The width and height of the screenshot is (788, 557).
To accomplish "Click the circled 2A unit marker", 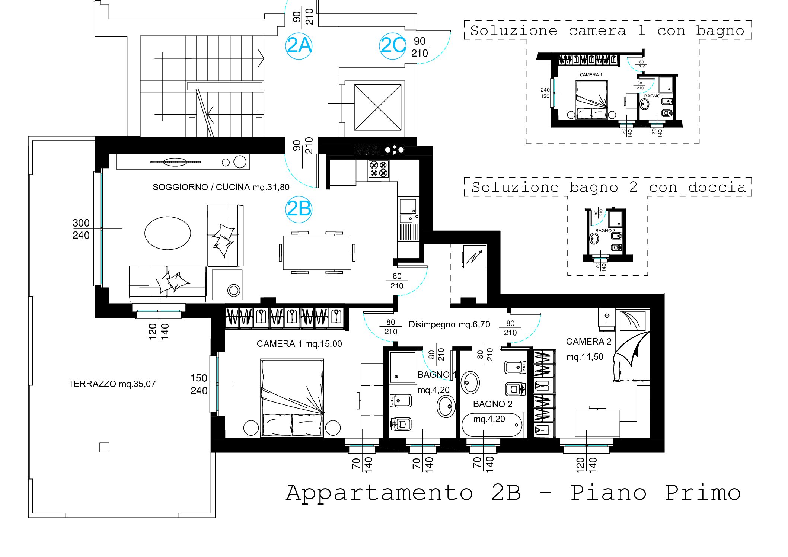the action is point(299,46).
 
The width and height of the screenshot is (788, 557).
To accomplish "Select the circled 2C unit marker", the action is point(393,46).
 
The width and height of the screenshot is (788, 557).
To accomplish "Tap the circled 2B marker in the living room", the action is point(299,209).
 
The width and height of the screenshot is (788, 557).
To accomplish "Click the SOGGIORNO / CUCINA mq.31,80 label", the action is point(221,187).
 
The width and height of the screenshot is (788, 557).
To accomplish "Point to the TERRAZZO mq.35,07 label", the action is point(112,384).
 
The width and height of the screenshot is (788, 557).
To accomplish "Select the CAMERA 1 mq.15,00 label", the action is point(299,344).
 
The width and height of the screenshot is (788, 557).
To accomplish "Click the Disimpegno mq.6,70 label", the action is point(449,324).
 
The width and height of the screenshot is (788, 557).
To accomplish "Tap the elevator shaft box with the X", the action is point(378,108).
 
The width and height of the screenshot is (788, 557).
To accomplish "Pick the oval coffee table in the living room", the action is point(168,233).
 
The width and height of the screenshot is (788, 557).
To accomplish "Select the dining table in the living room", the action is point(317,252).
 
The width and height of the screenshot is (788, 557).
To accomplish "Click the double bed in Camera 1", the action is point(292,397).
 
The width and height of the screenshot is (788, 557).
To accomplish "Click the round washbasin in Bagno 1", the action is point(446,406).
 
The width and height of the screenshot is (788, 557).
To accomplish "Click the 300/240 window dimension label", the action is point(81,229).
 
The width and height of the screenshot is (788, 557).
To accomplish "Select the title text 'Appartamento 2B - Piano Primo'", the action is point(513,493).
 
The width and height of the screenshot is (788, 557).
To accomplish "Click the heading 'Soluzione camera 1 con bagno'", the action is point(607,31).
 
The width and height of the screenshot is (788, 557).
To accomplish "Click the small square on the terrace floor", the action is point(104,447).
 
